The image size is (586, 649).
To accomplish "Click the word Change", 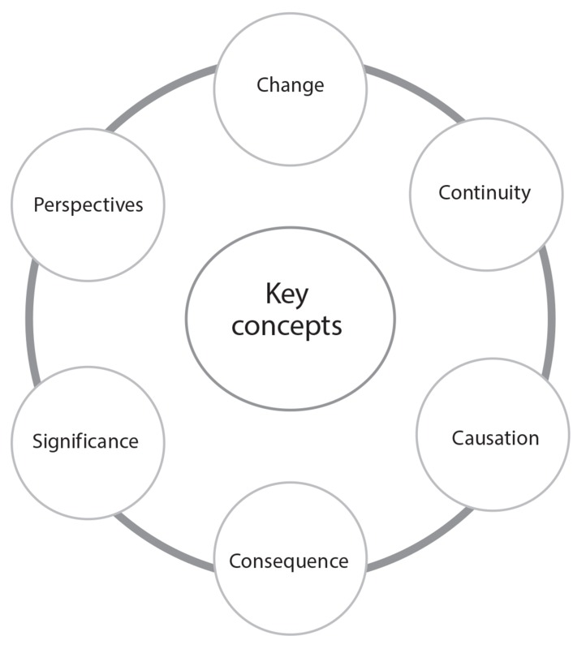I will click(290, 85).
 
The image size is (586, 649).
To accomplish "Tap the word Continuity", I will click(485, 193).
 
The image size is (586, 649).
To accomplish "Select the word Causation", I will click(495, 438).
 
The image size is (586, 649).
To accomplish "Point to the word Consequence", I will click(289, 561).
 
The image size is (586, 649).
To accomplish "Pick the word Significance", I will click(85, 442).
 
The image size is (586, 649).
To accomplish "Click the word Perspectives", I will click(88, 205).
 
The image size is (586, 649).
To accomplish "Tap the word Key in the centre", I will click(287, 294).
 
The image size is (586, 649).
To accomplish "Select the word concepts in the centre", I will click(287, 325).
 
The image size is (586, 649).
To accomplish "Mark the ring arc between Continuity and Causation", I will click(549, 316).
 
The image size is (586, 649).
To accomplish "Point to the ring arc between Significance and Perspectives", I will click(31, 324).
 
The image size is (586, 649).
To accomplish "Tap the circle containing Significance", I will click(87, 479).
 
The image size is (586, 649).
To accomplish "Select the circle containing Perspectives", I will click(88, 243).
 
